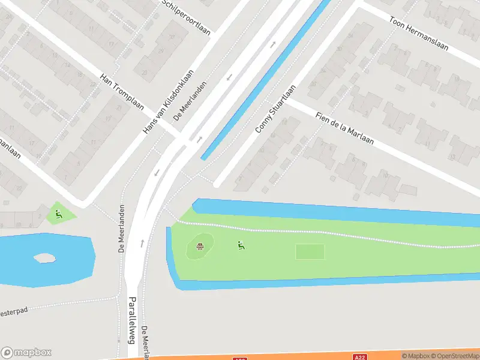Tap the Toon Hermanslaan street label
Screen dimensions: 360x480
pos(418,33)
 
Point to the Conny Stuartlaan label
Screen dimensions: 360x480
pos(276,109)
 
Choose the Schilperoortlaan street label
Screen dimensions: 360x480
pos(186,16)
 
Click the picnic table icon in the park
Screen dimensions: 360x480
pos(201,245)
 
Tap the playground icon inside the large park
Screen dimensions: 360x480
pos(241,245)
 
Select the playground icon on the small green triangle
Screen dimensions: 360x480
pos(58,214)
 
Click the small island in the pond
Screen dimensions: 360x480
pos(44,258)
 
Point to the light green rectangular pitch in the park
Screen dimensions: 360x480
pos(310,252)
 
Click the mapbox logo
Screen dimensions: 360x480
pos(26,352)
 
